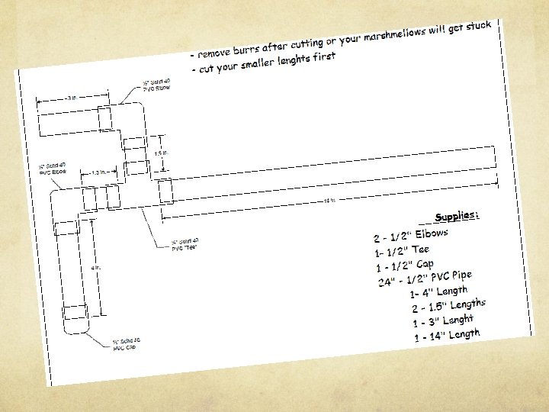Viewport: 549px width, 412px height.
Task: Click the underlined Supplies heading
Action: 456,217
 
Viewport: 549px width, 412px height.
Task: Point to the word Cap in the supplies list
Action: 425,265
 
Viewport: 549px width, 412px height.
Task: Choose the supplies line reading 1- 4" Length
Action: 438,291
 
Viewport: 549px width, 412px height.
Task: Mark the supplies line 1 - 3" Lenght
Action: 444,321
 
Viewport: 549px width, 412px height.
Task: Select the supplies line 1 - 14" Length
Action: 448,335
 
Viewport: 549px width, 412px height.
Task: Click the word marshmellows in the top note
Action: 394,35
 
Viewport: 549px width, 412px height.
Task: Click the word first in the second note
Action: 323,58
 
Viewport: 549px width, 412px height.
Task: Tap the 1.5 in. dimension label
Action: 161,153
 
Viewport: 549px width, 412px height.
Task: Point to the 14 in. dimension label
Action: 329,201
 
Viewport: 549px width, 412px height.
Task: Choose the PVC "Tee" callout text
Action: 185,246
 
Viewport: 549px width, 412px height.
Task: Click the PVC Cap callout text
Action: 126,344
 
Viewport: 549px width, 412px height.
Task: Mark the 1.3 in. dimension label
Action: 100,172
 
